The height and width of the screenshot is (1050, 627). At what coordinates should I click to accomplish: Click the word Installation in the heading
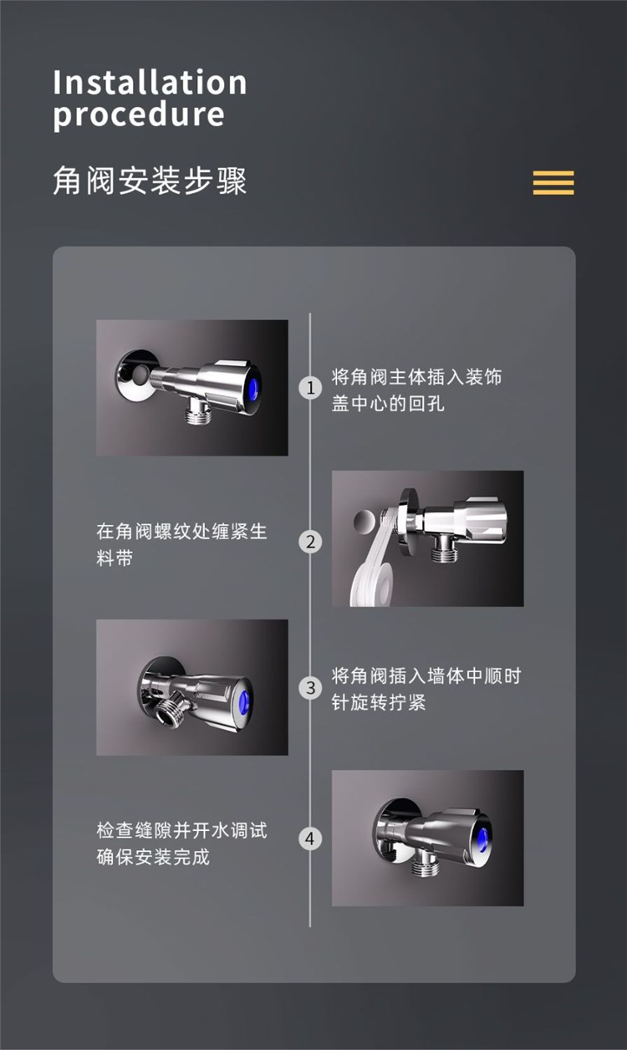point(150,82)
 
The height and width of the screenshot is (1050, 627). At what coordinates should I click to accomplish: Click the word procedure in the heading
point(139,115)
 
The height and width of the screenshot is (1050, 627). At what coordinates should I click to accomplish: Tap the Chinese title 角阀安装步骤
point(150,181)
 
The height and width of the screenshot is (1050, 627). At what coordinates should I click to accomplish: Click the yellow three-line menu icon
point(553,182)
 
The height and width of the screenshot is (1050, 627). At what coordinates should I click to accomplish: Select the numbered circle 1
point(310,388)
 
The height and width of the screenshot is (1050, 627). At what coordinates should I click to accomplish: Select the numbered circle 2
point(310,542)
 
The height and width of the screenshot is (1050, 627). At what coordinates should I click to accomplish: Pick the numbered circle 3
point(310,688)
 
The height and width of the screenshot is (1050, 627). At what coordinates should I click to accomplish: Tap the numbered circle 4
point(310,838)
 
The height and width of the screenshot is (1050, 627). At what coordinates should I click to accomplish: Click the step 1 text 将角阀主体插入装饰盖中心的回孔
point(416,390)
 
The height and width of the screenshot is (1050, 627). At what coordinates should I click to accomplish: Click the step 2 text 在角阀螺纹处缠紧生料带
point(181,545)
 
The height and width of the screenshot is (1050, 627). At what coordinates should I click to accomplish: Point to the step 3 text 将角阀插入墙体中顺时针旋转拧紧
point(426,689)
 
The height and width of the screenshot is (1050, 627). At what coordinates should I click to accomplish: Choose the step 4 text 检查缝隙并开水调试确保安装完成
point(181,844)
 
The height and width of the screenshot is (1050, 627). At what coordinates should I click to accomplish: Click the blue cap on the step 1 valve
point(254,388)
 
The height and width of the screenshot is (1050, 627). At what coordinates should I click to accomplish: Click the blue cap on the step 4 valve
point(485,837)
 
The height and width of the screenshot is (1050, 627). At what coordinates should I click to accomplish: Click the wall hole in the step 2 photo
point(364,521)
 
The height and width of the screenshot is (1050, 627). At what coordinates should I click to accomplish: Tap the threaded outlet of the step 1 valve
point(196,412)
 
